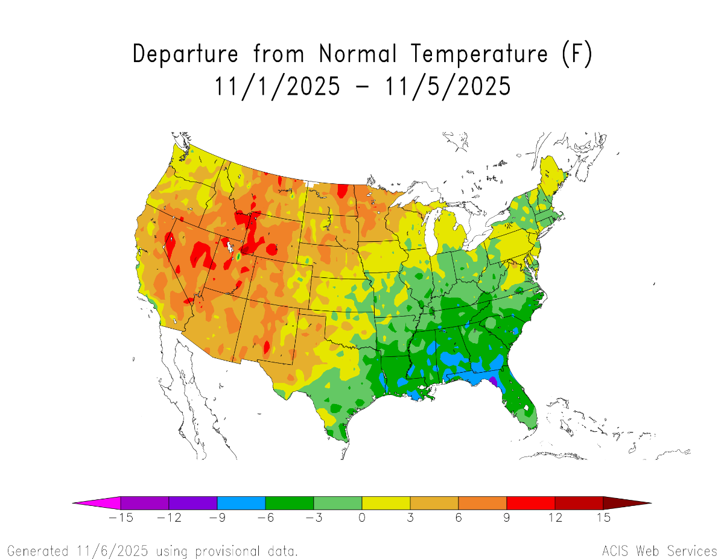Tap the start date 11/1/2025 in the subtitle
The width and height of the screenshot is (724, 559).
pyautogui.click(x=277, y=86)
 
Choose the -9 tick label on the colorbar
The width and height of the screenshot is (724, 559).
pyautogui.click(x=217, y=518)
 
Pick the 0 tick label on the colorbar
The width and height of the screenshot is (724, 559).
pyautogui.click(x=362, y=518)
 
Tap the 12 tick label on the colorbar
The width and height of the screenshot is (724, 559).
pyautogui.click(x=555, y=518)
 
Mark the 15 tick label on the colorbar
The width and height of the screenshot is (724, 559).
pyautogui.click(x=603, y=518)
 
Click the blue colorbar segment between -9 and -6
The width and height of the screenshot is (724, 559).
pyautogui.click(x=241, y=503)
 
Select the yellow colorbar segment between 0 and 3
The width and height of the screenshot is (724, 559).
pyautogui.click(x=386, y=503)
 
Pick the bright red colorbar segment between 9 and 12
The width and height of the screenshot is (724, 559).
pyautogui.click(x=531, y=503)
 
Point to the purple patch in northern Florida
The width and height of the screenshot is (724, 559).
pyautogui.click(x=492, y=381)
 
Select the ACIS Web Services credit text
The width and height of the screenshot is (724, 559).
pyautogui.click(x=659, y=551)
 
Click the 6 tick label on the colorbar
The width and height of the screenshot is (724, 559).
pyautogui.click(x=459, y=518)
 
